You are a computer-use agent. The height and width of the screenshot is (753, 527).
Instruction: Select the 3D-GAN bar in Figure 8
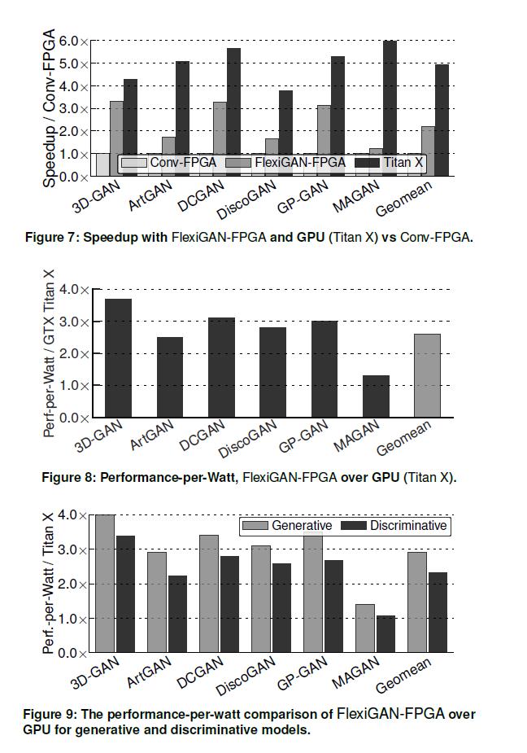pos(118,358)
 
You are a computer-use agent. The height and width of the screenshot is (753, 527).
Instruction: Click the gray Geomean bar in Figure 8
pos(428,375)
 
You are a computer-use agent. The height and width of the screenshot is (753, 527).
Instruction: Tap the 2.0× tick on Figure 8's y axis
pos(74,353)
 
